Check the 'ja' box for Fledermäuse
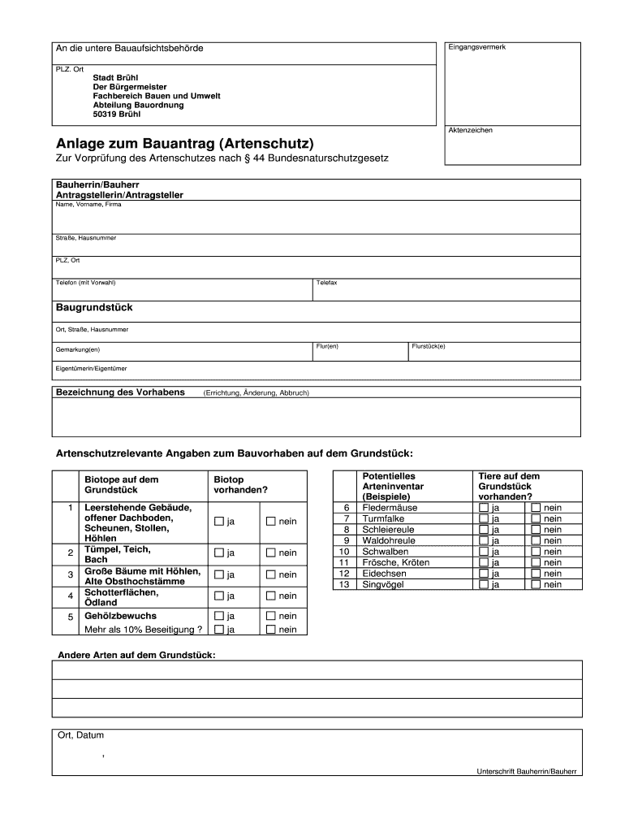484,508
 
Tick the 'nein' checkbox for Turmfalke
536,518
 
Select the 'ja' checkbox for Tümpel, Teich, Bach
218,553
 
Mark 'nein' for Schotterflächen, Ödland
270,596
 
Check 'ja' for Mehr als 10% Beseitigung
218,629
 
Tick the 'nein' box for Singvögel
536,584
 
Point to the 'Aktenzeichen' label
471,130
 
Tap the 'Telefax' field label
327,283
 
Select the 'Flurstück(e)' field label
429,346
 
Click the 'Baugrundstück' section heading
93,308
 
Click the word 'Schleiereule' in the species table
389,530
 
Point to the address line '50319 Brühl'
117,115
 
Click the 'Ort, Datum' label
80,735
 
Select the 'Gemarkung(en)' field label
78,349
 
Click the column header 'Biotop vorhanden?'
240,485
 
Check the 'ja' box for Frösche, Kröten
484,562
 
